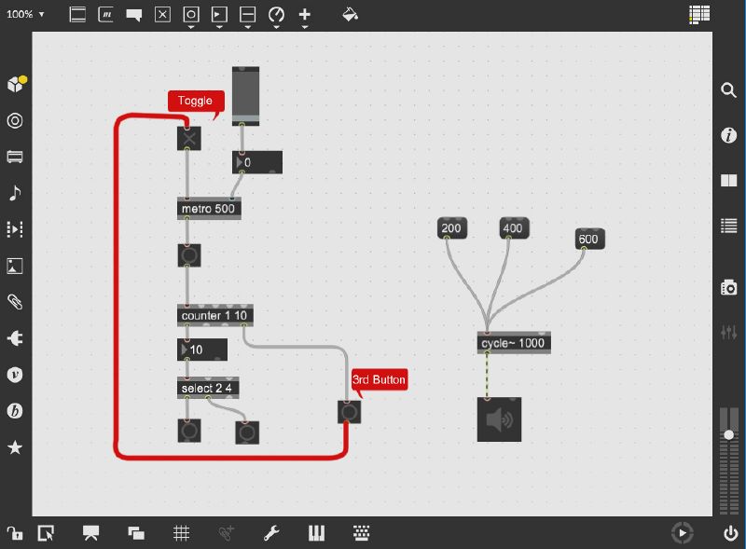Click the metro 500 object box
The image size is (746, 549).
[x=209, y=209]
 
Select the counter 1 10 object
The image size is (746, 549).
[x=215, y=315]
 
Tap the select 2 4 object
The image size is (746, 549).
[x=208, y=388]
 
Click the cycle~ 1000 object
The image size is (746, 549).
[x=514, y=343]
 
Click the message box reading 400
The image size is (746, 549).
[x=514, y=227]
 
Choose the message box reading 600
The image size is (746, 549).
[x=589, y=239]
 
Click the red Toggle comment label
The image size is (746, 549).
[x=196, y=101]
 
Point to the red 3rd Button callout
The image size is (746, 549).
[x=380, y=379]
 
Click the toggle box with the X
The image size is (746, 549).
[x=189, y=139]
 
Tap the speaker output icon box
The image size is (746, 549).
[x=499, y=419]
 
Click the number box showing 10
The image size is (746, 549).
[x=202, y=350]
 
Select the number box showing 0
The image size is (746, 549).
[x=257, y=162]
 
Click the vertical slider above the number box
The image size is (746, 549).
[x=245, y=97]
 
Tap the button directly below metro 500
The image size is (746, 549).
[x=189, y=255]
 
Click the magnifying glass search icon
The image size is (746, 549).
[x=728, y=89]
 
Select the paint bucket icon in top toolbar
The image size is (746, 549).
[x=350, y=14]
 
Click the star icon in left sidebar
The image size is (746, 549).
[x=15, y=447]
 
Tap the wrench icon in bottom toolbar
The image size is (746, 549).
[x=271, y=533]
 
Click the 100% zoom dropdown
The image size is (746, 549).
[x=25, y=14]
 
